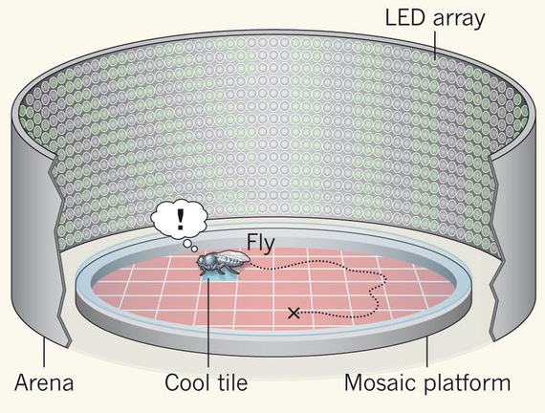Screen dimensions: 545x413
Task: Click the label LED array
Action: pyautogui.click(x=434, y=19)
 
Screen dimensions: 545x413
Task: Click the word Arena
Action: pyautogui.click(x=44, y=382)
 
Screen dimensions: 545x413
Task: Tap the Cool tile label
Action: pyautogui.click(x=207, y=382)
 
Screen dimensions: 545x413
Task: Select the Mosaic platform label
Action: pyautogui.click(x=427, y=383)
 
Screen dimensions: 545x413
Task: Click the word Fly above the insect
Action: pyautogui.click(x=261, y=244)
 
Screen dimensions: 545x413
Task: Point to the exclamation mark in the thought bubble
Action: pyautogui.click(x=180, y=219)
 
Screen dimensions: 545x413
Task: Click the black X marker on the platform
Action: pyautogui.click(x=294, y=314)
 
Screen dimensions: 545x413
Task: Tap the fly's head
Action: pyautogui.click(x=204, y=261)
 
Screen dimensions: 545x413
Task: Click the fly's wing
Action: pyautogui.click(x=233, y=257)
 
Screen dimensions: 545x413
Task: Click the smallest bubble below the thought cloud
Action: pyautogui.click(x=194, y=249)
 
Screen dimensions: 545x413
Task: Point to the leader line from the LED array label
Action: pyautogui.click(x=435, y=45)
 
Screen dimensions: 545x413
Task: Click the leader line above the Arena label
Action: pyautogui.click(x=44, y=352)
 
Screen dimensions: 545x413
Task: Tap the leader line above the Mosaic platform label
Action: pyautogui.click(x=427, y=351)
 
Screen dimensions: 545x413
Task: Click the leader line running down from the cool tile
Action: pyautogui.click(x=208, y=322)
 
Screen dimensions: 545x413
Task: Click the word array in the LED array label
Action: pyautogui.click(x=459, y=21)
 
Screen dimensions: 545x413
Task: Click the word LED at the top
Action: pyautogui.click(x=405, y=17)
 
